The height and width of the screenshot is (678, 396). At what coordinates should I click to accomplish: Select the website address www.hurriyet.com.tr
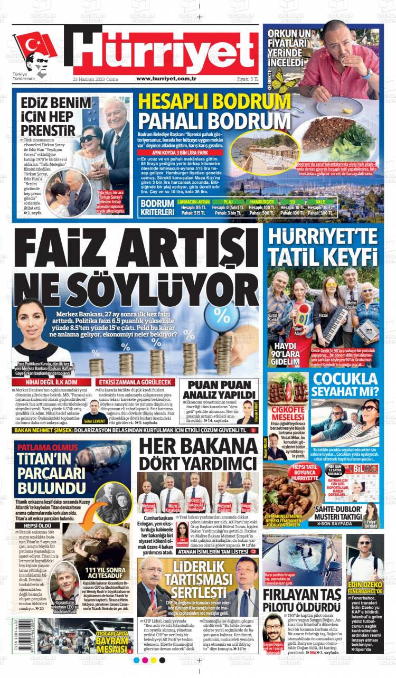(x=166, y=79)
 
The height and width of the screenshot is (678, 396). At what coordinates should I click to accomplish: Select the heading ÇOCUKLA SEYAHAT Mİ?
(x=346, y=385)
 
